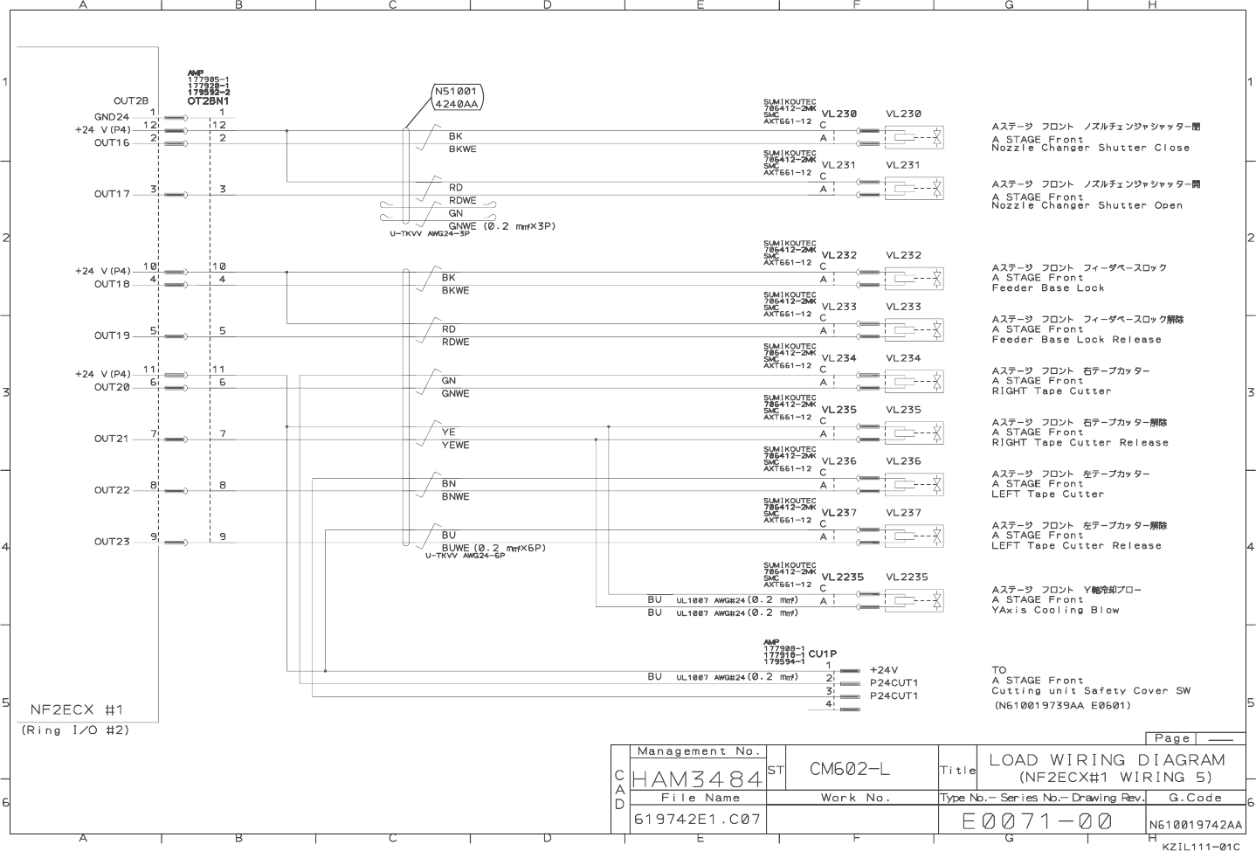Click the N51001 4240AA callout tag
[x=456, y=97]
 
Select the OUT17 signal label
[x=112, y=194]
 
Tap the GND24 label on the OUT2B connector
[x=111, y=117]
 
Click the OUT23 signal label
[x=112, y=542]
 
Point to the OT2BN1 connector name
[x=208, y=100]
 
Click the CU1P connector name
[x=822, y=654]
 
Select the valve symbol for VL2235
[x=914, y=600]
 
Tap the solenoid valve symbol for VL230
[x=914, y=137]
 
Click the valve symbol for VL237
[x=914, y=536]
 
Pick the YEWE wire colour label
[x=455, y=446]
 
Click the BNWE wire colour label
[x=455, y=497]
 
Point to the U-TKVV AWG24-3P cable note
[x=429, y=234]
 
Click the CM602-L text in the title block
[x=849, y=769]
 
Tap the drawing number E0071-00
[x=1037, y=821]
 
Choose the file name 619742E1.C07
[x=697, y=820]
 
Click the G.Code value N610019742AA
[x=1195, y=825]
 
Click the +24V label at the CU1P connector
[x=883, y=670]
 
